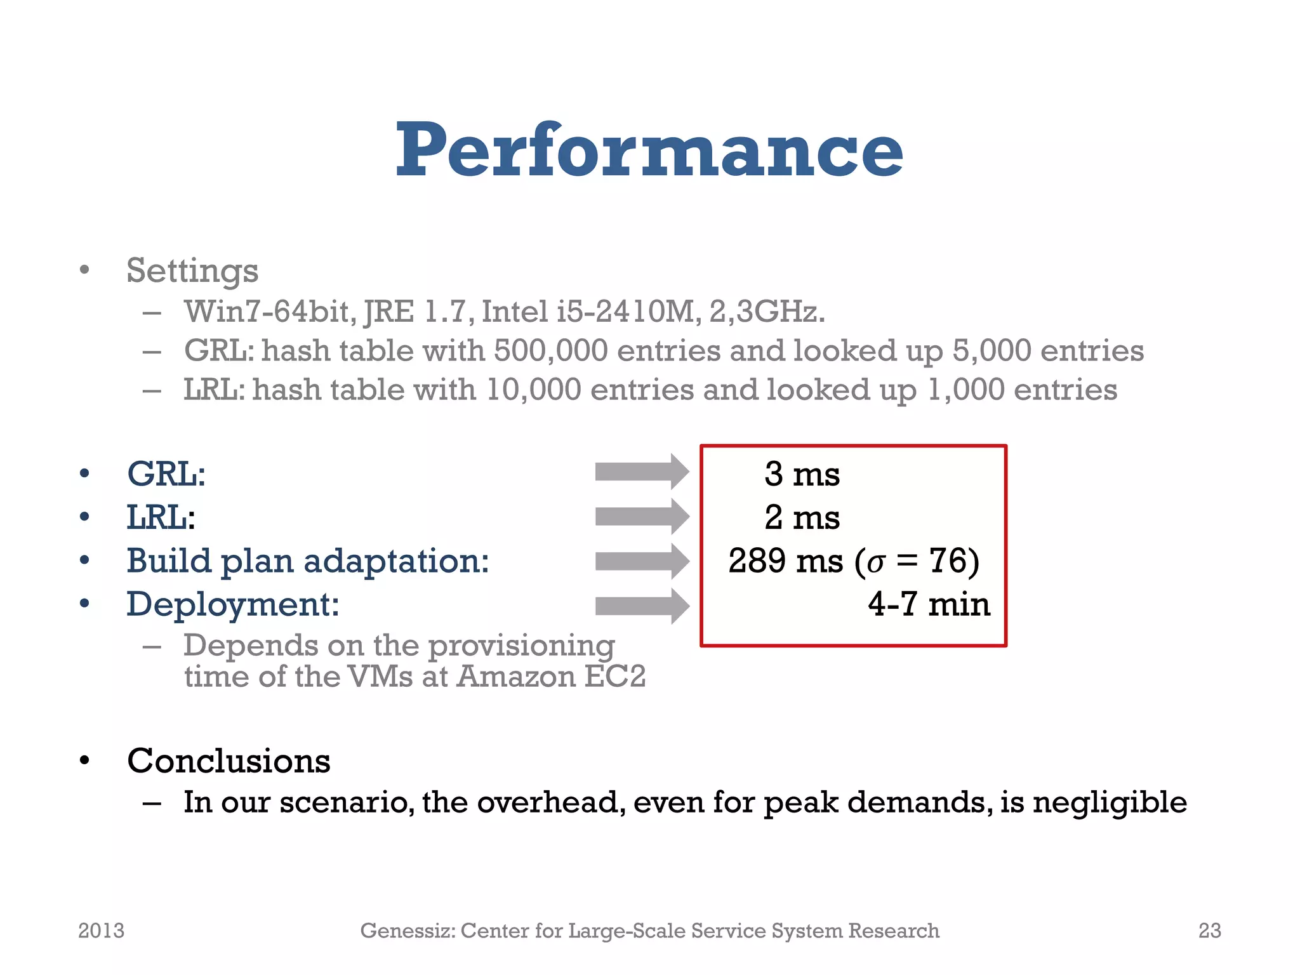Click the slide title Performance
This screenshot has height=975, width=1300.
649,150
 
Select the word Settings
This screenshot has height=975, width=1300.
192,271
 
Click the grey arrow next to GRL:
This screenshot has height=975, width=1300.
641,472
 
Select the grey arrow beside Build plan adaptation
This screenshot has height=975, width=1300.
641,561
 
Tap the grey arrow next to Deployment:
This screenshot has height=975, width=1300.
641,606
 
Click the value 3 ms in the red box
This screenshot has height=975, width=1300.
802,474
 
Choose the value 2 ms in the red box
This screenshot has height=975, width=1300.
802,517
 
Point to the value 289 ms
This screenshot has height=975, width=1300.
785,561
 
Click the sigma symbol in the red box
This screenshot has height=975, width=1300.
876,564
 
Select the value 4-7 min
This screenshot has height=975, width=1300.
929,604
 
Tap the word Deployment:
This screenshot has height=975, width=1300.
233,604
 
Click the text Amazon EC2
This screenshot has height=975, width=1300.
551,677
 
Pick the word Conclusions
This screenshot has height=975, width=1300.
229,761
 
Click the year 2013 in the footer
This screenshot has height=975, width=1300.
101,931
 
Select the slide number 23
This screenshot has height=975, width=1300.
1209,931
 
